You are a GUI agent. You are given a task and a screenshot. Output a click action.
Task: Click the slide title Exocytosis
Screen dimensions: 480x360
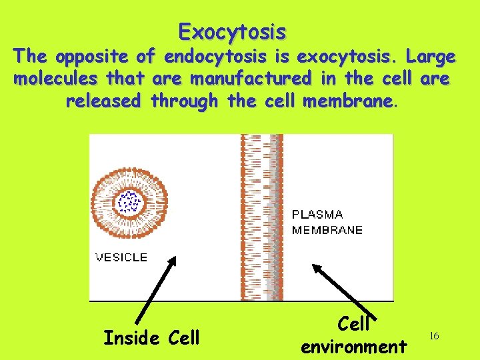tap(233, 31)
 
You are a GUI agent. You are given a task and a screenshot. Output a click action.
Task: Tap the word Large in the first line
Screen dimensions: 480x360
tap(428, 57)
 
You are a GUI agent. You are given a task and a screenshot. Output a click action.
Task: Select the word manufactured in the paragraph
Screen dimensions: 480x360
tap(251, 79)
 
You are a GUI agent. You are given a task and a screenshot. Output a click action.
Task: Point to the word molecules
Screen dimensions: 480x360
tap(55, 79)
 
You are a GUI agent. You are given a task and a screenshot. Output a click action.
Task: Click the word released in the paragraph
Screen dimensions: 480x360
tap(103, 101)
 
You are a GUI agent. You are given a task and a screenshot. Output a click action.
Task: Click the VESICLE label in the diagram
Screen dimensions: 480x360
tap(122, 257)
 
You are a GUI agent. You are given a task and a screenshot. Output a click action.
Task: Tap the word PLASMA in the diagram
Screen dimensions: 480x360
tap(318, 215)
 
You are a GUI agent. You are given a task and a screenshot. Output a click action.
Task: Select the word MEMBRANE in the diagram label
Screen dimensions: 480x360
tap(327, 230)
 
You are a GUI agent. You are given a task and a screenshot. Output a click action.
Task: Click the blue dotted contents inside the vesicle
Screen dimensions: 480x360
tap(128, 201)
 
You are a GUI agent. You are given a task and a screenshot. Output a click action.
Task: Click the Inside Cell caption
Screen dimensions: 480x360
tap(151, 338)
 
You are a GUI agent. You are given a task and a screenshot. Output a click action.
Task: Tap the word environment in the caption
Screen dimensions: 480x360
tap(353, 347)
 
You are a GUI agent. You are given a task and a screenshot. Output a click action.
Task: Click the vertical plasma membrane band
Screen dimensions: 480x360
tap(262, 217)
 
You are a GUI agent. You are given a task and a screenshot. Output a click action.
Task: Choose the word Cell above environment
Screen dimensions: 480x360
tap(353, 324)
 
